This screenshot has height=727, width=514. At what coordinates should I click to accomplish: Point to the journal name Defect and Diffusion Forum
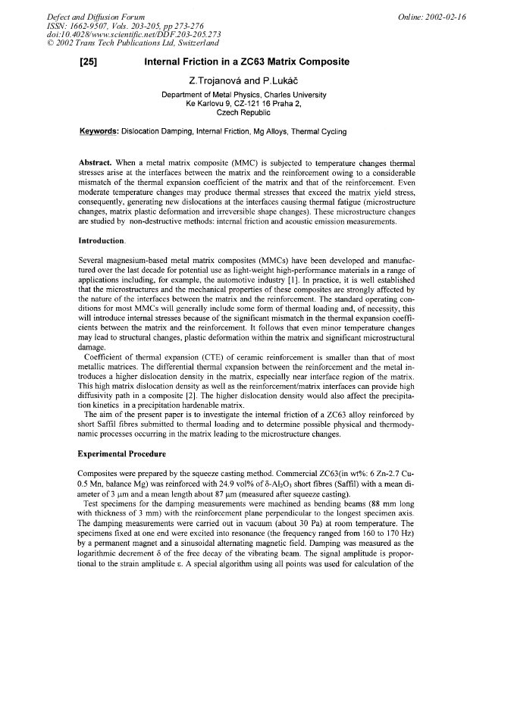pyautogui.click(x=96, y=16)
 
